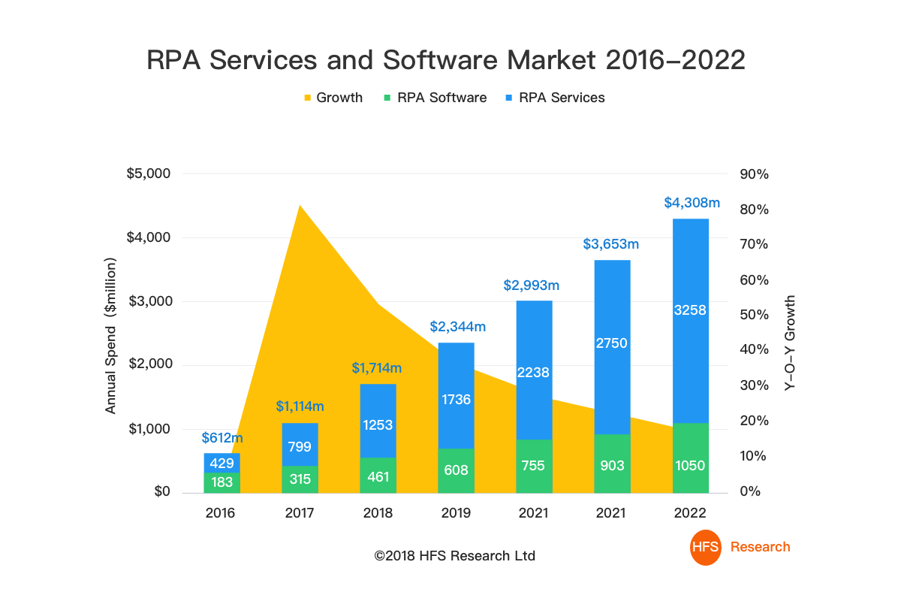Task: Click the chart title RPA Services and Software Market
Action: coord(446,60)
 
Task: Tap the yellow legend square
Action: coord(307,98)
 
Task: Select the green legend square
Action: coord(387,98)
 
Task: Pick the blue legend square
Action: coord(509,98)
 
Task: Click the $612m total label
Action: coord(222,438)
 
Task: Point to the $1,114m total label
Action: coord(300,406)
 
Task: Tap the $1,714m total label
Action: coord(377,368)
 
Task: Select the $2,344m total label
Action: coord(458,327)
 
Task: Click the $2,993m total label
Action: coord(532,285)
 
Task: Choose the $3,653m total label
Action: coord(611,244)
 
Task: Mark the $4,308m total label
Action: coord(692,203)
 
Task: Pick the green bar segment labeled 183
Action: coord(222,482)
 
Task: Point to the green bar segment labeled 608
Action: coord(456,471)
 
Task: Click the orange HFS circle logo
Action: coord(706,547)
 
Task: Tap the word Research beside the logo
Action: coord(760,547)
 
